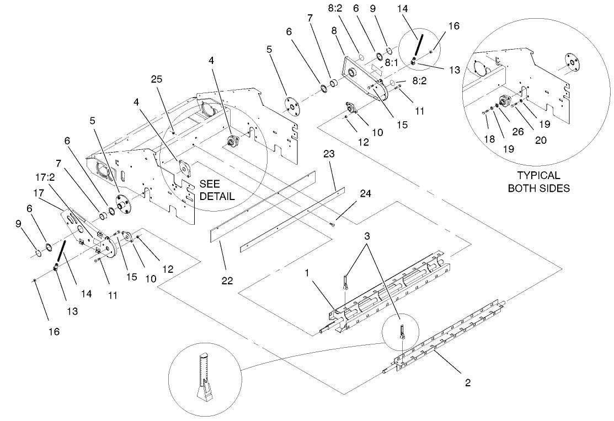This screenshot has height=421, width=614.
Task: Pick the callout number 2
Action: tap(467, 382)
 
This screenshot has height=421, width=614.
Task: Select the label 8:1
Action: tap(392, 63)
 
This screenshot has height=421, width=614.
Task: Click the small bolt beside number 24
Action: tap(333, 223)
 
